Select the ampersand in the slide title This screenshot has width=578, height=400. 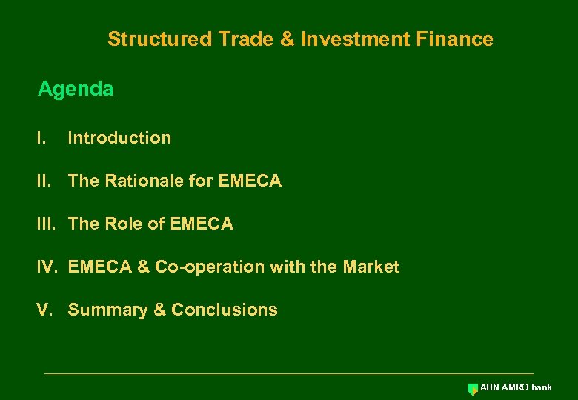point(287,39)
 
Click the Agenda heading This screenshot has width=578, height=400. point(76,90)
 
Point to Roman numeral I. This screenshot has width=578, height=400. point(41,138)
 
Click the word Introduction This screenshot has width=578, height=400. point(119,138)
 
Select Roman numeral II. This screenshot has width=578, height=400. point(44,181)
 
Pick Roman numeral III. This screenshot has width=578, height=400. point(47,224)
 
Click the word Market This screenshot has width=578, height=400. point(371,267)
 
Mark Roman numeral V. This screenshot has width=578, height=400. point(44,310)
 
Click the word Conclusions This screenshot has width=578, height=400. point(225,310)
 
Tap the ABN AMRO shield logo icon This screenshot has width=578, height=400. point(473,389)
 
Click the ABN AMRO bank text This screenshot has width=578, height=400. point(516,387)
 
